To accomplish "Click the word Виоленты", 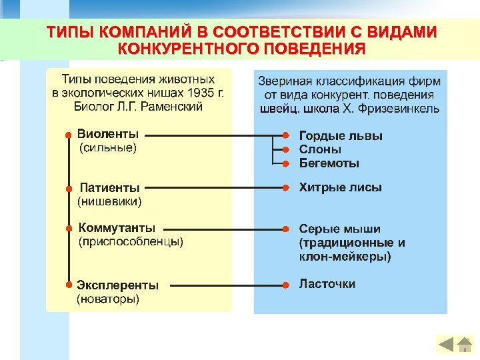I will pyautogui.click(x=108, y=134).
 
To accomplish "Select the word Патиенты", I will pyautogui.click(x=109, y=187).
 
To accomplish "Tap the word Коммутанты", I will pyautogui.click(x=117, y=228).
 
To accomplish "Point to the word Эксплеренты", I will pyautogui.click(x=118, y=285).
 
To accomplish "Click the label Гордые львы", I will pyautogui.click(x=341, y=136).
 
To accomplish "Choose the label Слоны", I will pyautogui.click(x=320, y=149).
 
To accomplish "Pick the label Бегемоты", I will pyautogui.click(x=329, y=163).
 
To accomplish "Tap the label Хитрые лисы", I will pyautogui.click(x=340, y=187).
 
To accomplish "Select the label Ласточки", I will pyautogui.click(x=327, y=284).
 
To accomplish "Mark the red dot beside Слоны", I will pyautogui.click(x=285, y=150).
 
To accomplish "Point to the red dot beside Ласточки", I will pyautogui.click(x=285, y=285).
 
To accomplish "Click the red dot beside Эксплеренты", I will pyautogui.click(x=68, y=284).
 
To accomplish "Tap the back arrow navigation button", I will pyautogui.click(x=446, y=345).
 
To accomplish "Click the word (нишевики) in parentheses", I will pyautogui.click(x=110, y=200).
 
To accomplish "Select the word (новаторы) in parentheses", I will pyautogui.click(x=109, y=299).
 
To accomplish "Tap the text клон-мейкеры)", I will pyautogui.click(x=345, y=256).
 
